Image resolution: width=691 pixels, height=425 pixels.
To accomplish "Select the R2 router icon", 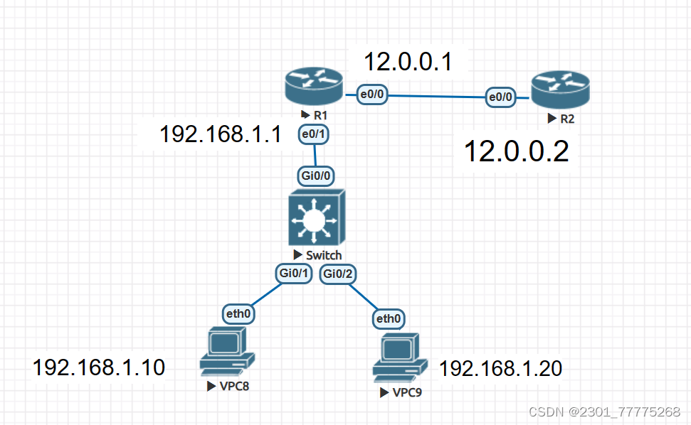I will tap(561, 88).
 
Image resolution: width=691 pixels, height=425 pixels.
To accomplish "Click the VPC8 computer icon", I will tap(227, 351).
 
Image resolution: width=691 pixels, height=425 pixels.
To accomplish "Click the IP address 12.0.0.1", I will tap(408, 62).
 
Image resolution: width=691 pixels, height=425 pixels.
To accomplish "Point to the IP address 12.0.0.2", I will tap(516, 151).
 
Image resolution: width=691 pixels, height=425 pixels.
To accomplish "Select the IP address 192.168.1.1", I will tap(221, 134).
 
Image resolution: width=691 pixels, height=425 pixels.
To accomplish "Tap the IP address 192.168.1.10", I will tap(99, 367).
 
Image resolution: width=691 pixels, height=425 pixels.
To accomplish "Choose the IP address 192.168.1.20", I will tap(500, 368).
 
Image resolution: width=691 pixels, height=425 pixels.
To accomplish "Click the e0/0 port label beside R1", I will tap(371, 94).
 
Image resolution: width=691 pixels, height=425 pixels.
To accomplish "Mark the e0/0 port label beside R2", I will tap(501, 97).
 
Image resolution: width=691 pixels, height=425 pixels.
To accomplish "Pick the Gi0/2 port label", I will tap(338, 274).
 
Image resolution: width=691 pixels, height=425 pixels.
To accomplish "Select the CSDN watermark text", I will tap(604, 411).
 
